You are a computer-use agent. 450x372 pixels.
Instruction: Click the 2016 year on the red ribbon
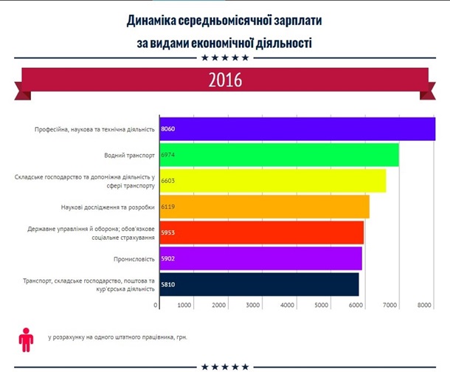[225, 79]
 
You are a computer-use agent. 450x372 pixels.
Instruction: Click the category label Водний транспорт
[129, 155]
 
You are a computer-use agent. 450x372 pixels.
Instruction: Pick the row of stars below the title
[225, 57]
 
